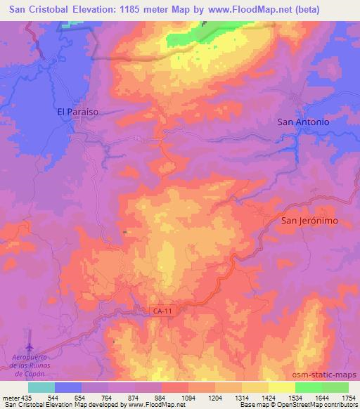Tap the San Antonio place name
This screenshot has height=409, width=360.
pyautogui.click(x=303, y=122)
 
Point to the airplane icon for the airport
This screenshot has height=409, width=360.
pyautogui.click(x=30, y=347)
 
